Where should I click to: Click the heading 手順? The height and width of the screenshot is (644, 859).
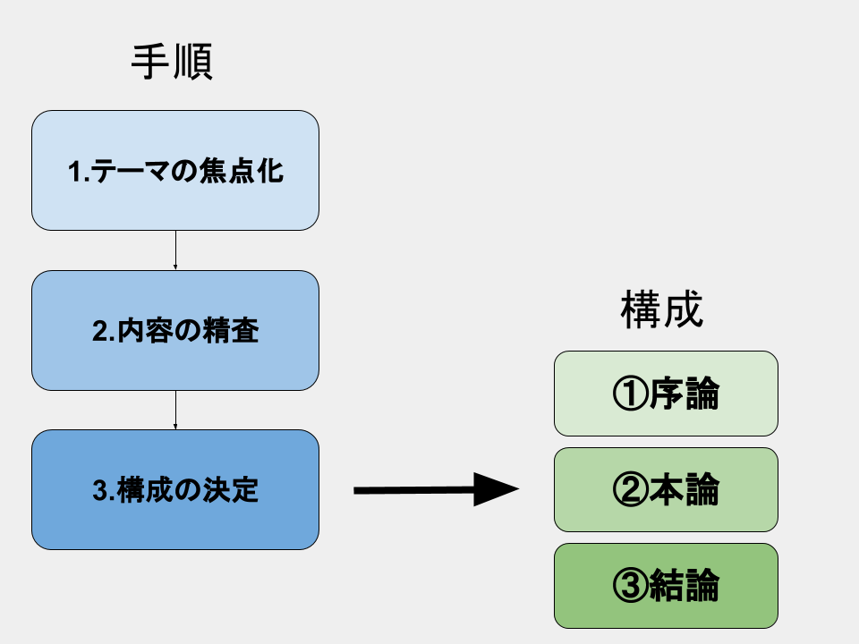(x=172, y=64)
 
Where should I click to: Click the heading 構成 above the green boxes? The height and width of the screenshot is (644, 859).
(x=661, y=310)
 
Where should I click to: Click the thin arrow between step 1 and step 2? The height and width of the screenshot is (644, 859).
(x=175, y=250)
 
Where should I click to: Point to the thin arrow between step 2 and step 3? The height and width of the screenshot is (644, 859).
(x=175, y=410)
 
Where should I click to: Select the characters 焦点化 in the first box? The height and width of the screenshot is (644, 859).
(x=251, y=170)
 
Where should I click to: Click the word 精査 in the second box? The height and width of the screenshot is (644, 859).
(x=231, y=331)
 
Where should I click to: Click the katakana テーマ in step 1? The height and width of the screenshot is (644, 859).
(x=134, y=170)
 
